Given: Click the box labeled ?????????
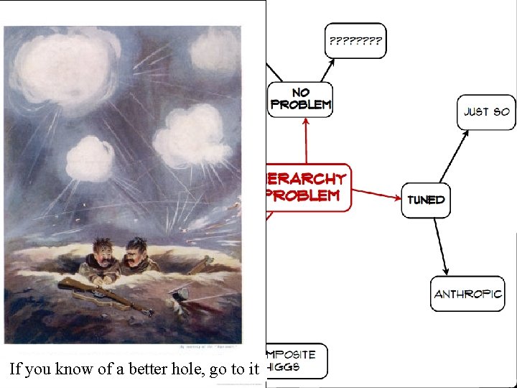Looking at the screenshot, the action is point(355,41).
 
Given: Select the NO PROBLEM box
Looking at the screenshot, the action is point(300,98).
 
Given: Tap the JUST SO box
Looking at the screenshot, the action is point(486,111).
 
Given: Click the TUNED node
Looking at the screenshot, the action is point(426,199).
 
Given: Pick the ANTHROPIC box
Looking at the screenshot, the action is point(467,294).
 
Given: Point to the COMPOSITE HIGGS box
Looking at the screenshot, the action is point(296,361).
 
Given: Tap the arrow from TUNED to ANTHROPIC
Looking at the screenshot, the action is point(439,244).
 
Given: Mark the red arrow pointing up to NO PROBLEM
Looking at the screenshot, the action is point(306,140).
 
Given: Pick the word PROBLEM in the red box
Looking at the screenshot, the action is point(303,195).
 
